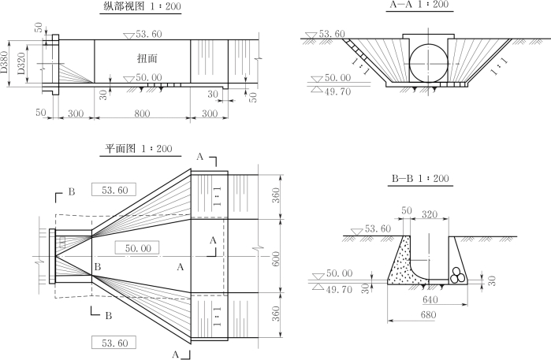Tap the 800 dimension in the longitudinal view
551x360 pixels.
click(x=142, y=113)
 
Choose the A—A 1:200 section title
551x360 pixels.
click(x=419, y=6)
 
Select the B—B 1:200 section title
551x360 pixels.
click(x=420, y=179)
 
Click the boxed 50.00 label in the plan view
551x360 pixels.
click(x=137, y=248)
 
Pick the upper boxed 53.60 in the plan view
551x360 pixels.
click(x=114, y=190)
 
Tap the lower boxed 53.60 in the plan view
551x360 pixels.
click(x=114, y=342)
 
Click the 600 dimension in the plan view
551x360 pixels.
click(x=276, y=257)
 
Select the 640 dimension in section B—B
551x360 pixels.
click(x=430, y=299)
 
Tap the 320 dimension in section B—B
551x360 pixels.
click(x=430, y=213)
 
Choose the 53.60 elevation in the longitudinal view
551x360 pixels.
click(x=148, y=34)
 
